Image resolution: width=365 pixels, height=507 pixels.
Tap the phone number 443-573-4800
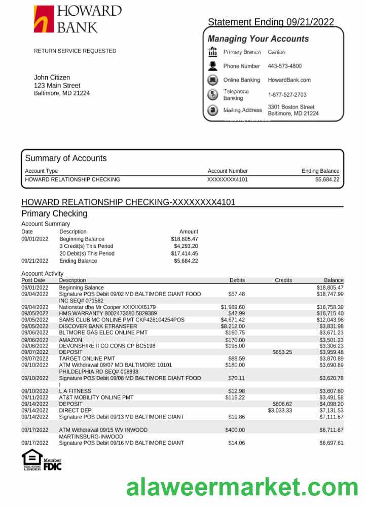[284, 66]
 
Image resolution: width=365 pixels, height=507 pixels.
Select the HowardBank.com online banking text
[289, 80]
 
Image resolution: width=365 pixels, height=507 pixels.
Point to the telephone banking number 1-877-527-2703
[287, 95]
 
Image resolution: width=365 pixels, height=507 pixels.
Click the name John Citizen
[52, 78]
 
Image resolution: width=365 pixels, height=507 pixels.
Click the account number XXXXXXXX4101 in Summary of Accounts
[228, 179]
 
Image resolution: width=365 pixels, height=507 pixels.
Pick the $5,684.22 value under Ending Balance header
[327, 179]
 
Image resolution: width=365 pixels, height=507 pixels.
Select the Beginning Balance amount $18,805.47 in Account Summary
[185, 239]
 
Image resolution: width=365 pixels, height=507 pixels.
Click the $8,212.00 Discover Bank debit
[233, 327]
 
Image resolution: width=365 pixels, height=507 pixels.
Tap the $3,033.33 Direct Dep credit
[280, 411]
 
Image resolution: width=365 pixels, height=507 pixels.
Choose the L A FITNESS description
[75, 391]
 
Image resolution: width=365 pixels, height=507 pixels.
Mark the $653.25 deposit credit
[282, 352]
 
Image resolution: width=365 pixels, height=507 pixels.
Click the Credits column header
[283, 280]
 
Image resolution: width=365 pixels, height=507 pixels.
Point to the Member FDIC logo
[52, 464]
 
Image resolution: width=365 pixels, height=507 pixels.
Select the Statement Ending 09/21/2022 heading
[271, 22]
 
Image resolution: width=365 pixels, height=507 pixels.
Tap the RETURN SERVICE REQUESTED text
[75, 51]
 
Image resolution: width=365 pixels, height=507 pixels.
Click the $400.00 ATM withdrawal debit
[235, 430]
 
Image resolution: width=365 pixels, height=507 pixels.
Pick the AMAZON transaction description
[70, 340]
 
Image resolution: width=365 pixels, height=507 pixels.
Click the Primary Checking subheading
[54, 213]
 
